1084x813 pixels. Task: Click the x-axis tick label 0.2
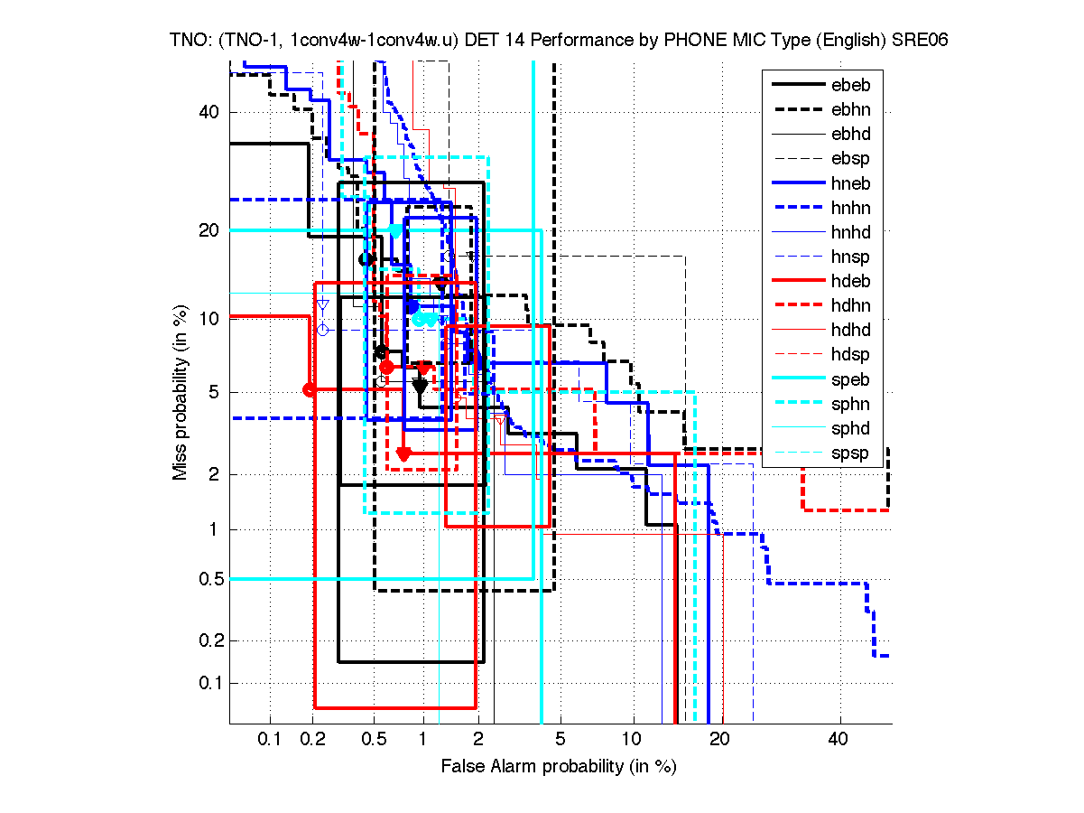312,740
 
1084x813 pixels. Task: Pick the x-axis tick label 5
561,740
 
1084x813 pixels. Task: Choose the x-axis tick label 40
839,740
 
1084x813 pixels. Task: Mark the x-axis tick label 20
719,740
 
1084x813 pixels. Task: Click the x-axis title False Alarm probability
559,766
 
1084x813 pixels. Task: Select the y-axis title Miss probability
181,390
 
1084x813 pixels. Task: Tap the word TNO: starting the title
191,41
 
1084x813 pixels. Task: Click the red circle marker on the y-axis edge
310,389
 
